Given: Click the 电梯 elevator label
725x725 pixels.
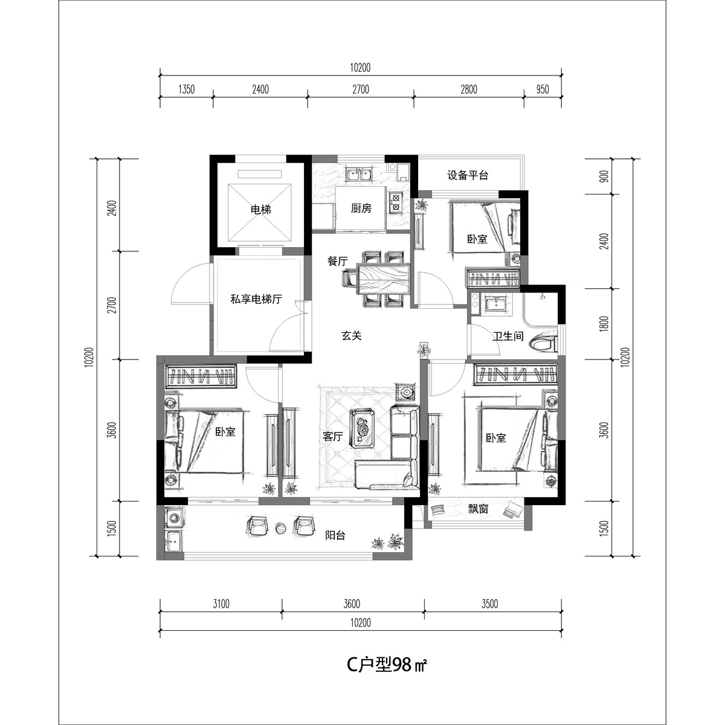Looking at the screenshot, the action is [261, 209].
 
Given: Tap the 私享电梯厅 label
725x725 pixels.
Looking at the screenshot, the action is [256, 300].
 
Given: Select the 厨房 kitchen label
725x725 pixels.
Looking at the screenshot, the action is [361, 208].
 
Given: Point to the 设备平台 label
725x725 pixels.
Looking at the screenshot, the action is [468, 175].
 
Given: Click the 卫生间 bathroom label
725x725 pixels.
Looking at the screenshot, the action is [508, 336].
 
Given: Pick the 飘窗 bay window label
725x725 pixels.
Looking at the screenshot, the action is [478, 509].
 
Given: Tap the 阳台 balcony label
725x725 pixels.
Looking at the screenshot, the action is [335, 535].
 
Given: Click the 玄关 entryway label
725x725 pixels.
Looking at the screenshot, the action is [352, 335].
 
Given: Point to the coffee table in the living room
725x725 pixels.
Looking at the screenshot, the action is [362, 430].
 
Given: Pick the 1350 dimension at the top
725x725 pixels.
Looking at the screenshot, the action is [187, 89].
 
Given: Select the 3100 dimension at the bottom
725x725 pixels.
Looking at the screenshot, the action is [221, 604].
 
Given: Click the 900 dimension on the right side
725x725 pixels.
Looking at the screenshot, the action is [605, 176].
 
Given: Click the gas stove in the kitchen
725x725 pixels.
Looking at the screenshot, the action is [395, 202].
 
